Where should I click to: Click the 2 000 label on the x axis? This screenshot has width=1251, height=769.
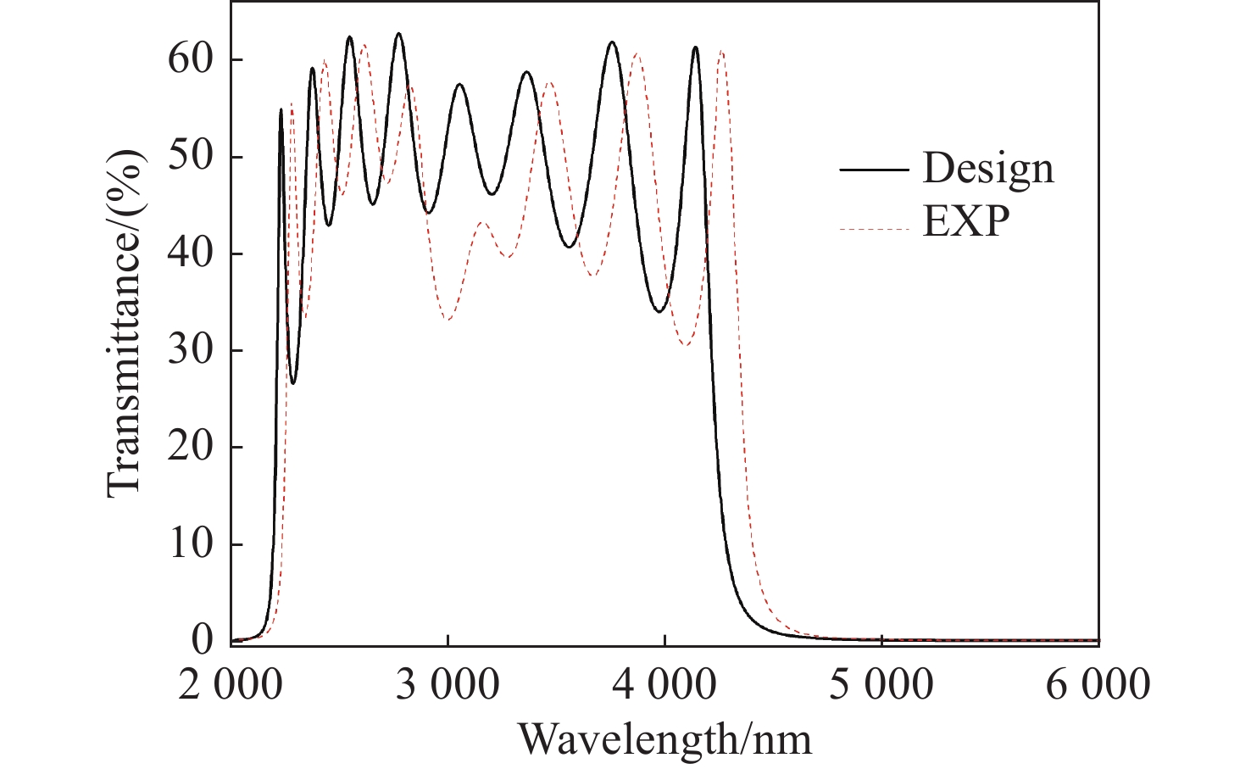[x=231, y=685]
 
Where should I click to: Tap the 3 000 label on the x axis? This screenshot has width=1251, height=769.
[x=448, y=685]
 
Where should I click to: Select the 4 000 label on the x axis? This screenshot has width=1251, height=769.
[x=664, y=685]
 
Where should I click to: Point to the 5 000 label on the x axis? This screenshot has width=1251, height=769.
[x=881, y=685]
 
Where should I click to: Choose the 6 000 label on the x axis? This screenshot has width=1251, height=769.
[x=1098, y=685]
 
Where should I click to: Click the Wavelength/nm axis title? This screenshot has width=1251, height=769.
[x=664, y=739]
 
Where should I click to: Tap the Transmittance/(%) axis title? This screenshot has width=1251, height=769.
[x=125, y=322]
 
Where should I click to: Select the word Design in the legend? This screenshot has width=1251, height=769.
[x=988, y=169]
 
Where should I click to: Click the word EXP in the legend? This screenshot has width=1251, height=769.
[x=966, y=222]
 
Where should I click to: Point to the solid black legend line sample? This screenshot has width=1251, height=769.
[x=874, y=170]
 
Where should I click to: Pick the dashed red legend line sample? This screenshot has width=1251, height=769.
[x=874, y=229]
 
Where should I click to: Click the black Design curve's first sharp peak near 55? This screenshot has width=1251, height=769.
[x=281, y=109]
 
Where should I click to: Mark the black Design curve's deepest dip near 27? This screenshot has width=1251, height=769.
[x=293, y=383]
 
